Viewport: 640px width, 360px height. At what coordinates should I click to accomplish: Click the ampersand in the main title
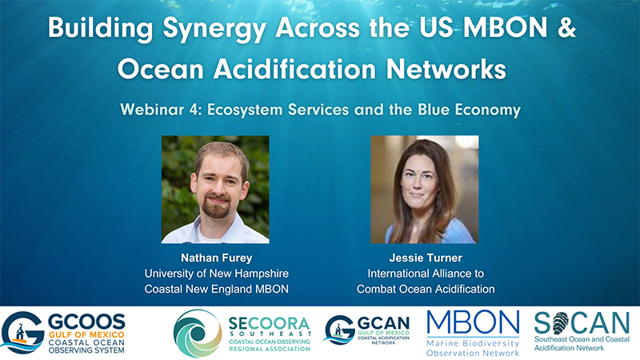566,27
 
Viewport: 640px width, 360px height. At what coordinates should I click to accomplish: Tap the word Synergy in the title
214,30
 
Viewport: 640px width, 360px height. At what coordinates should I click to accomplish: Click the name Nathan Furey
217,258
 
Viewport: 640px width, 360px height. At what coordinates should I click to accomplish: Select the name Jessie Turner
426,258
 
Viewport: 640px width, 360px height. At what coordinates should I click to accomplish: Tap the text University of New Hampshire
217,274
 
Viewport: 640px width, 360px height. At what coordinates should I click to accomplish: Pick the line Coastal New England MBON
217,289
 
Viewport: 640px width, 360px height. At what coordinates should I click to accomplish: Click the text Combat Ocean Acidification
426,289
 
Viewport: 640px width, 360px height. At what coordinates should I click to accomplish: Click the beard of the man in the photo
217,207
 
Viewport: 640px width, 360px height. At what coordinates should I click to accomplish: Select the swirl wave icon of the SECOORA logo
198,334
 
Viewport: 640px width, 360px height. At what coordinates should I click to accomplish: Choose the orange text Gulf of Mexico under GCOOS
86,334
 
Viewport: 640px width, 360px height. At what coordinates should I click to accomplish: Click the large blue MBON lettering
473,323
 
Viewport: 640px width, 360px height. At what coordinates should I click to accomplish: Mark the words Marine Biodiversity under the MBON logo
473,343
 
